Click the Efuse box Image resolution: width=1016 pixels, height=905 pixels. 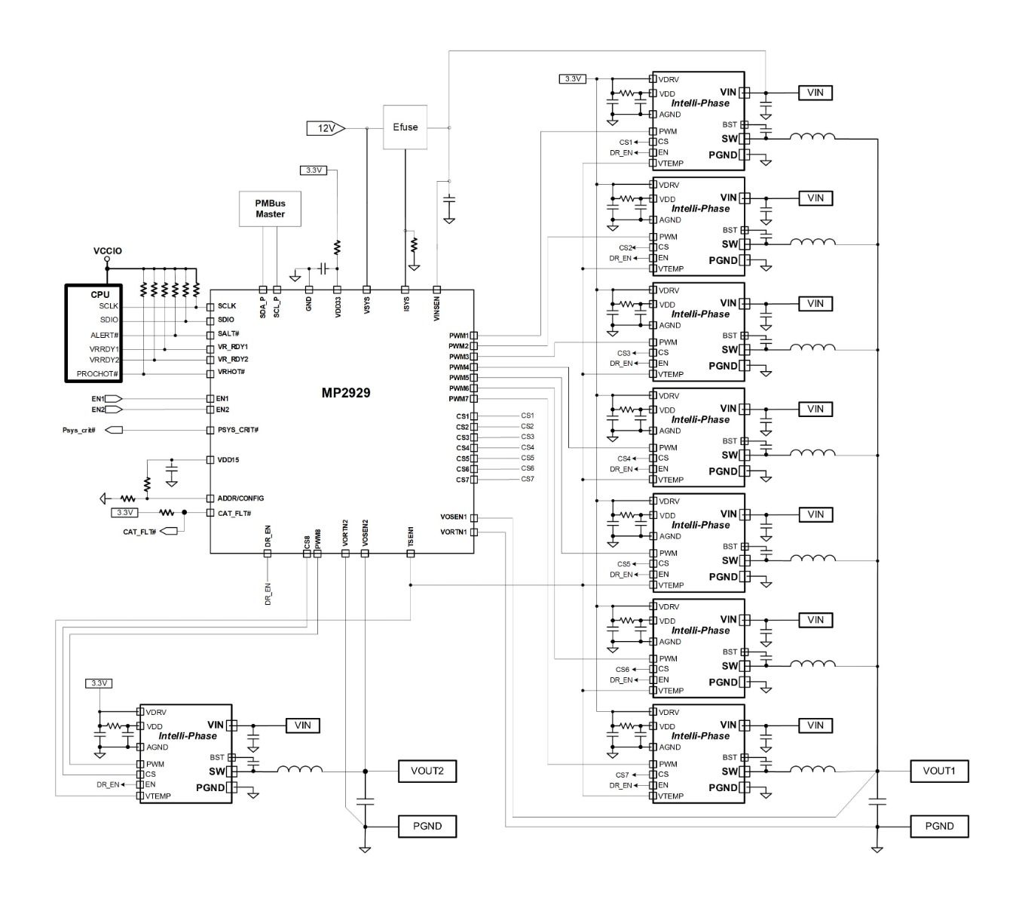click(405, 127)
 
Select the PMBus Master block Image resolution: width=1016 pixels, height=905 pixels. click(270, 209)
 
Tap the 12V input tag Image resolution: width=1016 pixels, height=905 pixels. click(326, 128)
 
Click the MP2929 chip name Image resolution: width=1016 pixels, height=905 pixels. click(345, 392)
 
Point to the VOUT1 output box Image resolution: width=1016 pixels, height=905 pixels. click(939, 771)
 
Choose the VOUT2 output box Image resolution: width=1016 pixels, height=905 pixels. click(427, 771)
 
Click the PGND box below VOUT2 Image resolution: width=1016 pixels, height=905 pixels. click(427, 827)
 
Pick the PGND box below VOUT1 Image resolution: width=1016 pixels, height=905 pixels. click(939, 827)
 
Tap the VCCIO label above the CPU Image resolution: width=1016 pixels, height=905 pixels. click(107, 251)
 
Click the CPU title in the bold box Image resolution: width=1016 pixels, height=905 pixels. click(99, 295)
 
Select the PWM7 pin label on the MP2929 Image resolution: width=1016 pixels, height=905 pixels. click(458, 399)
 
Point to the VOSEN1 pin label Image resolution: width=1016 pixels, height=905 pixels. click(453, 517)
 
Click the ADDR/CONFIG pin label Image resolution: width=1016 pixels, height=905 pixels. click(240, 499)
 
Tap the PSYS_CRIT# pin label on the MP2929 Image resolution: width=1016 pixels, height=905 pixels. click(237, 430)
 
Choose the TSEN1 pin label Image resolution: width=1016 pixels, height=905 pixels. click(411, 536)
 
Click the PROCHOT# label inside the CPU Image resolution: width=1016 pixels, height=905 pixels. click(97, 374)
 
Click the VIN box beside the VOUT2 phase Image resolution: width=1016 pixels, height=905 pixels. click(302, 726)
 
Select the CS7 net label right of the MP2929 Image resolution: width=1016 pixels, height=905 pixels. click(527, 479)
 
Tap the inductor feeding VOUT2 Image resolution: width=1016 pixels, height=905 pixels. click(300, 769)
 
